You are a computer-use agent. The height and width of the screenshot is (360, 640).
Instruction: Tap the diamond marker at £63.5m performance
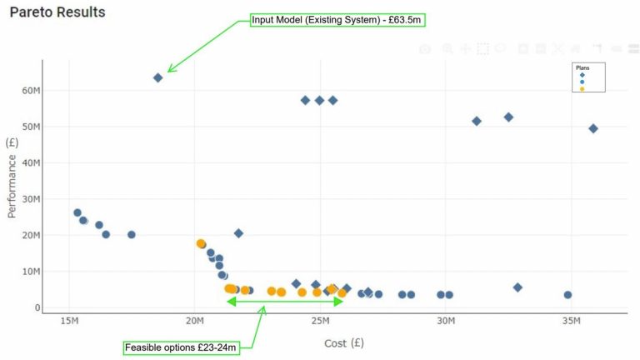(x=158, y=77)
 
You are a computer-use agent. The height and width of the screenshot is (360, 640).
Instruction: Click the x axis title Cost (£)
(x=343, y=342)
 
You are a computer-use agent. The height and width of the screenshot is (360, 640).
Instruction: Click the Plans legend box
(x=587, y=77)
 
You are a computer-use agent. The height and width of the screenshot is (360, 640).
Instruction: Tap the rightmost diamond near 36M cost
(x=593, y=128)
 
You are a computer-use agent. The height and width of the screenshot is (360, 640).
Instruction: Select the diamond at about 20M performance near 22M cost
(x=238, y=233)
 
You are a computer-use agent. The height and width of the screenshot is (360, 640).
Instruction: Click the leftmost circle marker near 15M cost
(x=77, y=212)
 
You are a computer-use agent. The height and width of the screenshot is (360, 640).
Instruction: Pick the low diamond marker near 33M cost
(x=517, y=287)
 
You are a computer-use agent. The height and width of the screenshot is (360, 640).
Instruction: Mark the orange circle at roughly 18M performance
(x=201, y=243)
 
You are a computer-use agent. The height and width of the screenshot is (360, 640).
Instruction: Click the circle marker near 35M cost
(x=567, y=294)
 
